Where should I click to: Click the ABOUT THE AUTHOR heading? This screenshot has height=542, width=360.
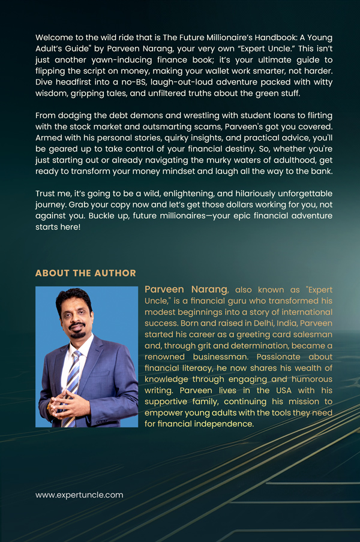click(86, 273)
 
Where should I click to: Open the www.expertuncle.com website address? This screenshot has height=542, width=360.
click(79, 495)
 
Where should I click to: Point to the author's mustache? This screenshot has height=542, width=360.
click(76, 323)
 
